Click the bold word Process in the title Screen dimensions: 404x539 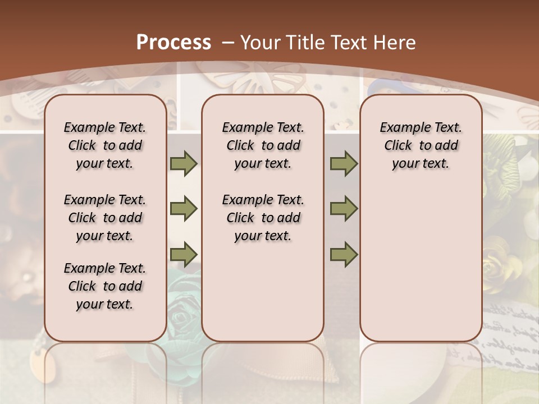173,43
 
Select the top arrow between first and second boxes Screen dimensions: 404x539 184,163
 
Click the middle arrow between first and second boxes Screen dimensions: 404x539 184,209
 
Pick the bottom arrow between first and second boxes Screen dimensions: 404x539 184,254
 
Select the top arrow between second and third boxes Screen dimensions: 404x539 344,163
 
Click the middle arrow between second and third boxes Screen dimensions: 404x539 344,209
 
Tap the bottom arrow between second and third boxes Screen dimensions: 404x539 344,254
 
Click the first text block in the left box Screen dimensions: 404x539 105,145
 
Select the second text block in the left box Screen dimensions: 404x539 105,218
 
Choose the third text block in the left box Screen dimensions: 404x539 105,286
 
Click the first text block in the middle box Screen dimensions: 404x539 263,145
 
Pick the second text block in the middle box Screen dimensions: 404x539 263,218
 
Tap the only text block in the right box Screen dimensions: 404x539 421,145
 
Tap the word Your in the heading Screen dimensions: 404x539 259,43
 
